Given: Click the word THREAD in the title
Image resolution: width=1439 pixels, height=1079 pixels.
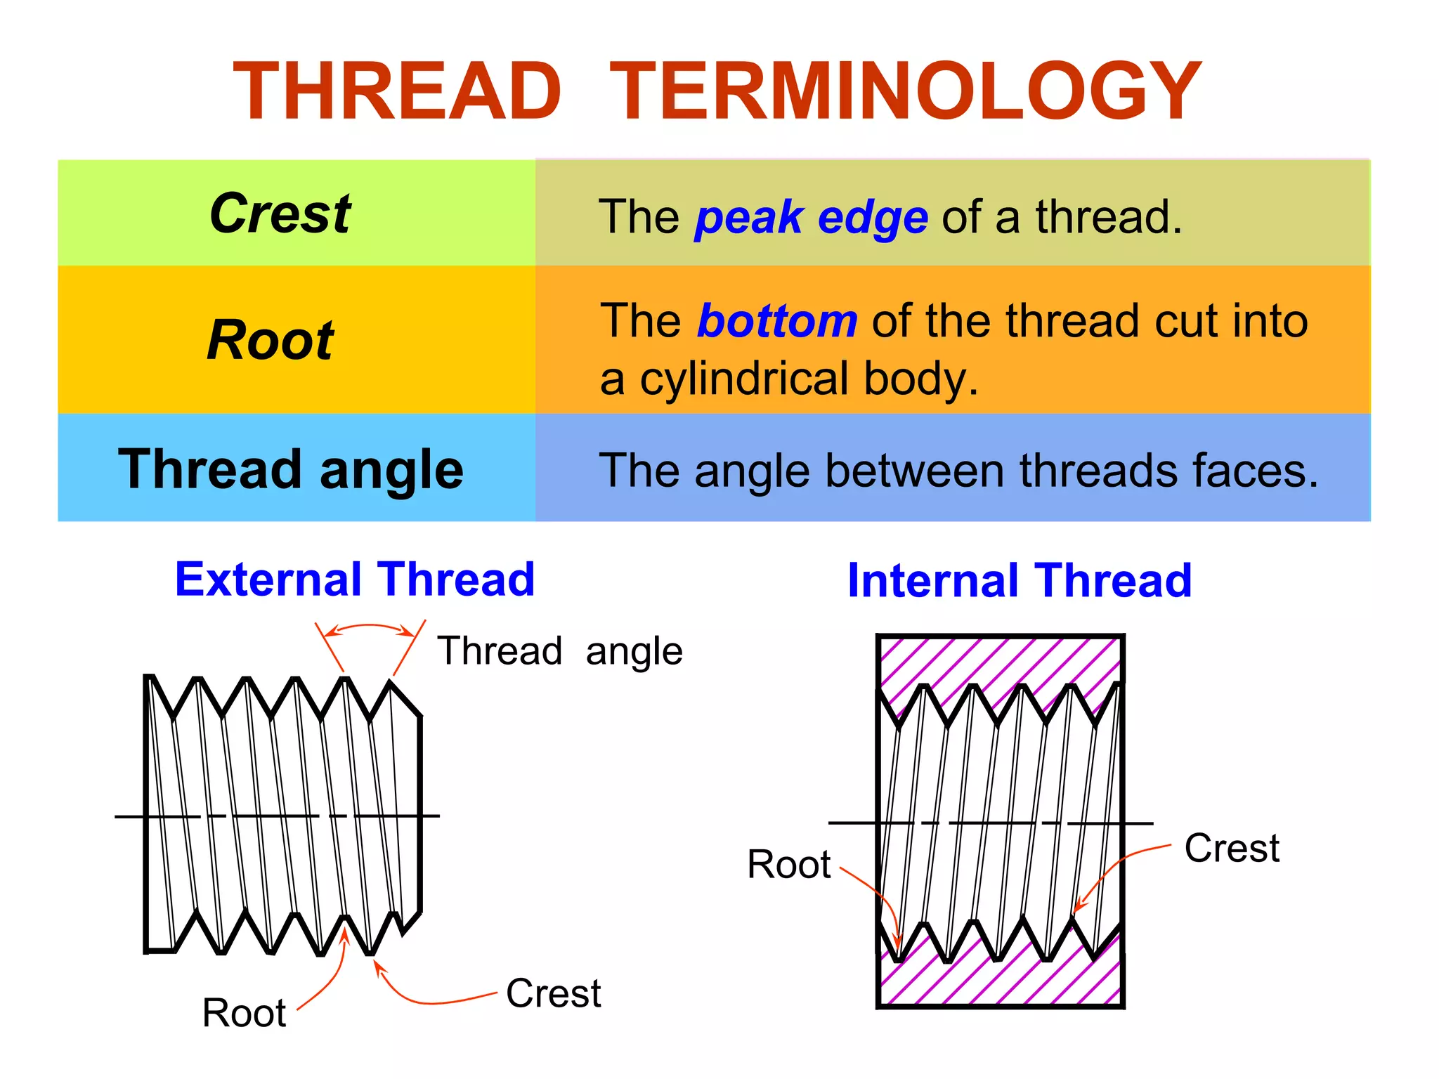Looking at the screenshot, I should pyautogui.click(x=397, y=91).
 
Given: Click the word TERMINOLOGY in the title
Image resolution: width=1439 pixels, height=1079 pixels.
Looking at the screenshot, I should pyautogui.click(x=905, y=91).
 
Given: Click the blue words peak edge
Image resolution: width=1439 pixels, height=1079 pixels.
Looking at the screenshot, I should pyautogui.click(x=812, y=217).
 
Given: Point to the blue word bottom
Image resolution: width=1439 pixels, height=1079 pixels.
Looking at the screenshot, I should pyautogui.click(x=777, y=321).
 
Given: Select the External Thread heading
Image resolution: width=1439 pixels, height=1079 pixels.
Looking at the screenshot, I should pyautogui.click(x=355, y=580).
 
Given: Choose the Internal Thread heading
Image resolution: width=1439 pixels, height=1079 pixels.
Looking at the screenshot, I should pyautogui.click(x=1020, y=581).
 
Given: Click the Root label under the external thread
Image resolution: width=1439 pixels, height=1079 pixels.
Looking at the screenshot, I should pyautogui.click(x=244, y=1013).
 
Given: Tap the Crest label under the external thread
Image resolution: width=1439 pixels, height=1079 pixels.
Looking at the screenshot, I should pyautogui.click(x=553, y=993).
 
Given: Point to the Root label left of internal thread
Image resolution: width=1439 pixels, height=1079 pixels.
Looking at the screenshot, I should pyautogui.click(x=788, y=864).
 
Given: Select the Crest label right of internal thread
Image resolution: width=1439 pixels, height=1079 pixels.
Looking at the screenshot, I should pyautogui.click(x=1231, y=848).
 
